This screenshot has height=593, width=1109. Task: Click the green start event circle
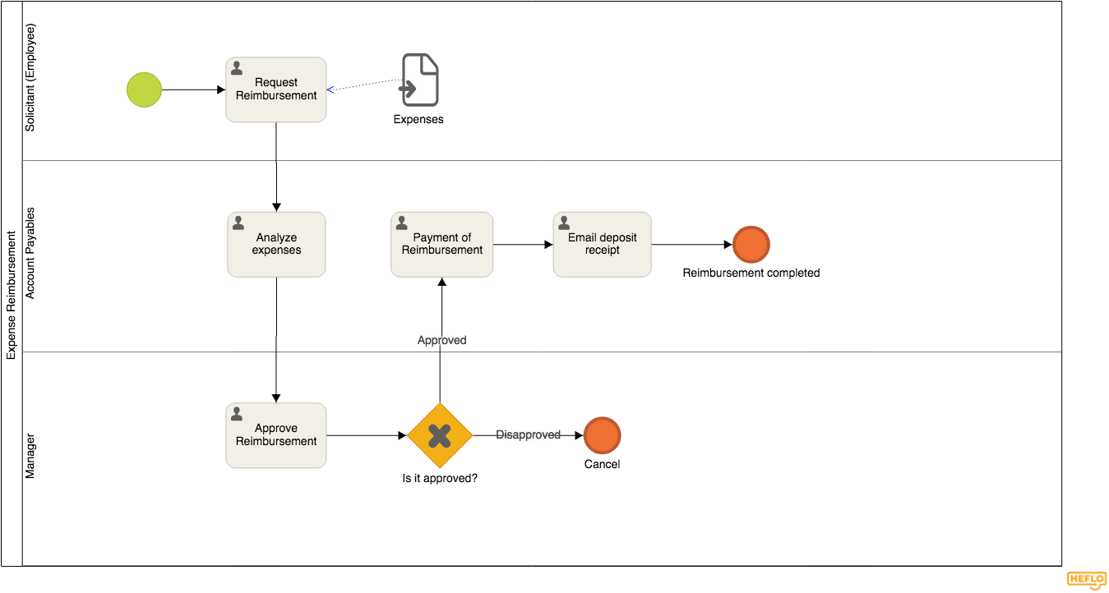145,90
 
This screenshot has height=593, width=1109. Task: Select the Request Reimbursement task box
276,90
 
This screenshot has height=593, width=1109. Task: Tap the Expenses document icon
420,80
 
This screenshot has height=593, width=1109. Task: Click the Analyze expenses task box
276,245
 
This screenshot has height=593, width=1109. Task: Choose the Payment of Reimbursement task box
441,245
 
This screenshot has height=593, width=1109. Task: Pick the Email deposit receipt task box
602,245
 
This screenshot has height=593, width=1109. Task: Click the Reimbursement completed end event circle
751,245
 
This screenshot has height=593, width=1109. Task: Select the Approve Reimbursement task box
276,435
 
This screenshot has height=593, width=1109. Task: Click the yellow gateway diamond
440,435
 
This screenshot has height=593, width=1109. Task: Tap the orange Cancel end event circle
602,435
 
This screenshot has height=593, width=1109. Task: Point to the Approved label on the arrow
441,340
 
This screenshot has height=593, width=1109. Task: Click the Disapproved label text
528,434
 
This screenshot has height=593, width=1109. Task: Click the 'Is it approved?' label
440,478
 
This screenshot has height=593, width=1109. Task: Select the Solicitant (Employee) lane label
30,78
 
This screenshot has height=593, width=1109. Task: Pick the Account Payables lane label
30,253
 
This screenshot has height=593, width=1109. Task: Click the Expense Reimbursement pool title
12,295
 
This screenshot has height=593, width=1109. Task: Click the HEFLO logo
1086,580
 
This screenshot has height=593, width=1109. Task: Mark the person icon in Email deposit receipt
564,223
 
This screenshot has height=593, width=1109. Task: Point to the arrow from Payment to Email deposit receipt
523,244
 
